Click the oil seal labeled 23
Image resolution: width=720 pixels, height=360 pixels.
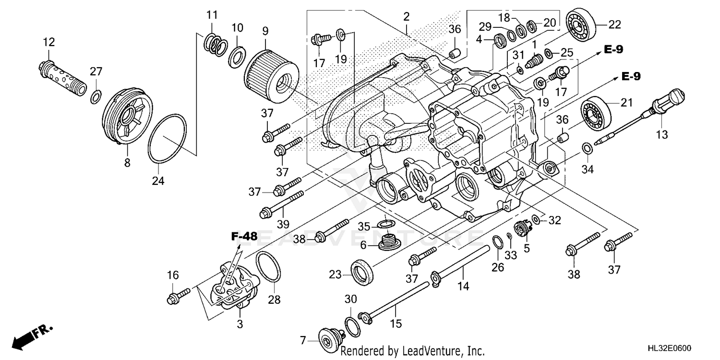click(361, 271)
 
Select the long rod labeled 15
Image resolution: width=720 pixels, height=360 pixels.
click(394, 300)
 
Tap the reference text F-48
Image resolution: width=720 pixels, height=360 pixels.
click(244, 236)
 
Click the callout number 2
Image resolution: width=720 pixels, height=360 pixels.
click(406, 17)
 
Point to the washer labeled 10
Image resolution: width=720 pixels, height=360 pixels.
click(236, 56)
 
